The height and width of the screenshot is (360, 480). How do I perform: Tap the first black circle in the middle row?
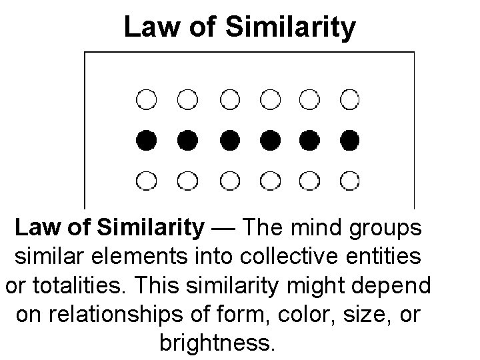click(x=147, y=140)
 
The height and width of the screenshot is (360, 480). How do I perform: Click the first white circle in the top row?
click(x=147, y=100)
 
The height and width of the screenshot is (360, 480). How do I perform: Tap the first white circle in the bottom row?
click(x=147, y=180)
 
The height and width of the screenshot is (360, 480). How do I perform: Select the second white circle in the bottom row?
click(x=188, y=180)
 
